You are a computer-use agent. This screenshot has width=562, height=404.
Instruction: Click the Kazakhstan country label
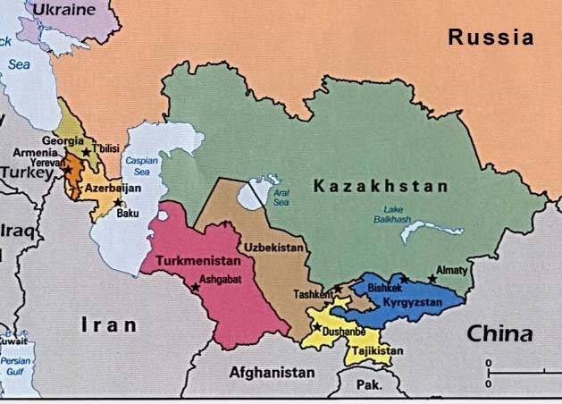point(379,186)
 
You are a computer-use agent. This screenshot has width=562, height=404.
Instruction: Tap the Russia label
point(491,38)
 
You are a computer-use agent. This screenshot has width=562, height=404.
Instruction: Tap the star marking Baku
point(117,202)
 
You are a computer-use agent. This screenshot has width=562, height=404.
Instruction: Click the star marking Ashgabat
point(195,287)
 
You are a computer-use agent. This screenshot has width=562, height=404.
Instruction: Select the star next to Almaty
point(432,279)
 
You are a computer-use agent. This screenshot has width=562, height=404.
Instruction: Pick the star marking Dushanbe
point(317,327)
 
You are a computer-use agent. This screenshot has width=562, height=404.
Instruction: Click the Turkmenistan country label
point(197,261)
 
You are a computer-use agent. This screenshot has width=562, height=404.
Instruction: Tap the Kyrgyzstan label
point(414,304)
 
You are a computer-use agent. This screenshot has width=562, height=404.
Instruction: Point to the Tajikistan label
point(372,351)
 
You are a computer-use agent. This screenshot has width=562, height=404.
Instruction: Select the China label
point(499,334)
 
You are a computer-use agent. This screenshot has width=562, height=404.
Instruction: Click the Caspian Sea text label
point(141,166)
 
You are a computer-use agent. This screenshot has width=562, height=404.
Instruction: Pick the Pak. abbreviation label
point(368,385)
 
